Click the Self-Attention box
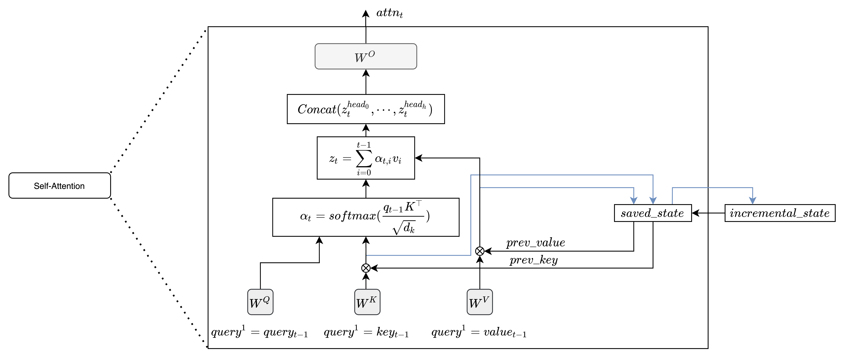[59, 186]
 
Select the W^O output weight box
[366, 56]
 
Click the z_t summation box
[366, 158]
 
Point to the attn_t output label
[389, 13]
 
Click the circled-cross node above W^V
[480, 251]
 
